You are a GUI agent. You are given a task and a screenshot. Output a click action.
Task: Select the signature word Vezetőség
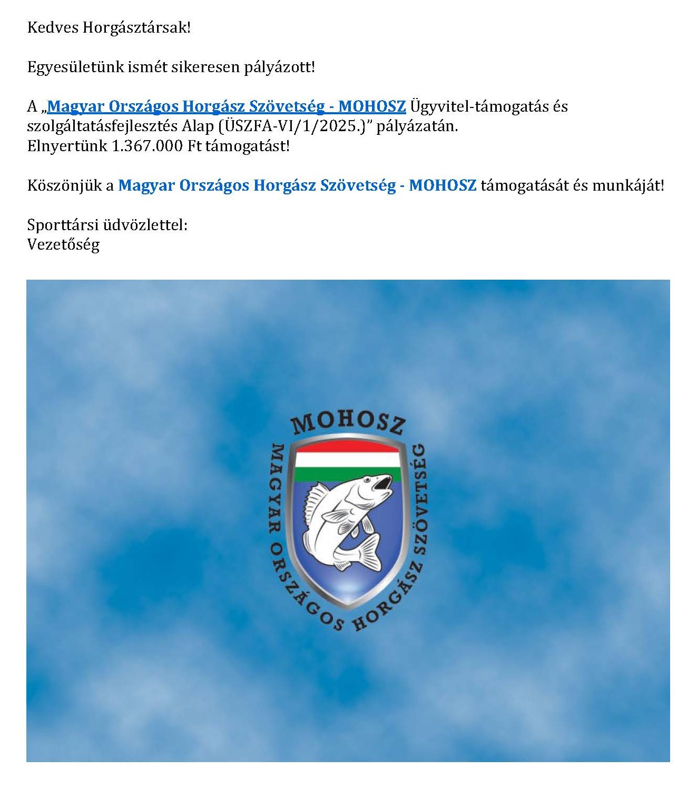coord(63,244)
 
